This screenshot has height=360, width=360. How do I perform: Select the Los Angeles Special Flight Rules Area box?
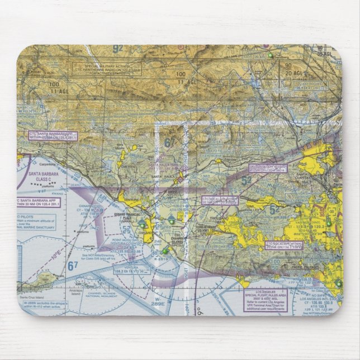[x=266, y=300]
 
